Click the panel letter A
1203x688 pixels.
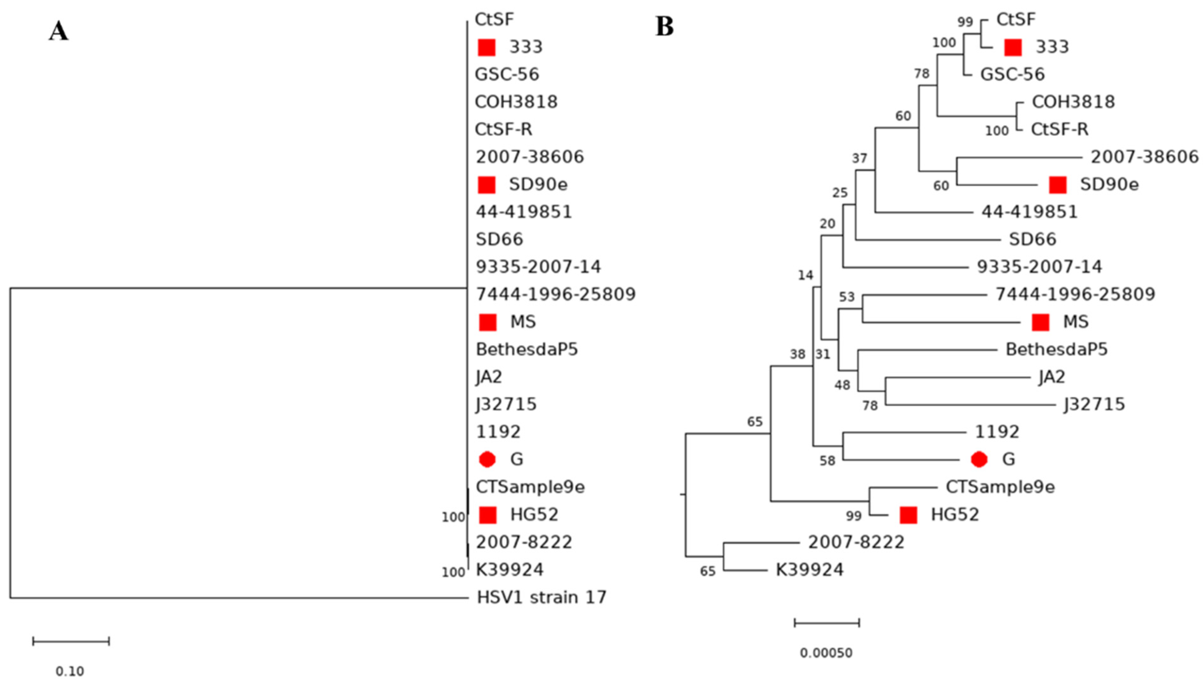pos(59,32)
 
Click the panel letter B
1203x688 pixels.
pos(664,27)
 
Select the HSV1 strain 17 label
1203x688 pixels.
pos(541,597)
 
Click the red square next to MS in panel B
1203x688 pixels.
pos(1040,322)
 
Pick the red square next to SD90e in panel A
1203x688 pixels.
pos(487,185)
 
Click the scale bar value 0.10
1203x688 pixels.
pos(70,671)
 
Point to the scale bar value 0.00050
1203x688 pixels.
pos(826,653)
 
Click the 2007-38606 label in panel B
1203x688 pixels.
pos(1144,157)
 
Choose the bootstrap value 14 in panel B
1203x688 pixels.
pos(805,275)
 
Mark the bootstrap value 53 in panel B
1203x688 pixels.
pos(847,297)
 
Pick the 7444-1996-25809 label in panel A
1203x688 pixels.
pos(556,294)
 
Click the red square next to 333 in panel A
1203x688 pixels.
pos(487,47)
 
